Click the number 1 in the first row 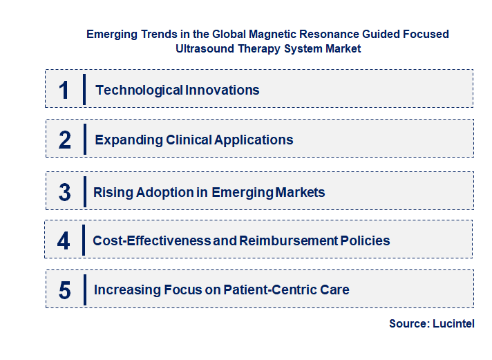[64, 90]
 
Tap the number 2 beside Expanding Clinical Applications [65, 140]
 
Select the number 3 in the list [65, 192]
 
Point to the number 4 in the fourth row [64, 241]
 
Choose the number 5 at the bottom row [65, 290]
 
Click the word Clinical [189, 140]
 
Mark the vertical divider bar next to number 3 [84, 190]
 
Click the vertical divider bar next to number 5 [84, 289]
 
